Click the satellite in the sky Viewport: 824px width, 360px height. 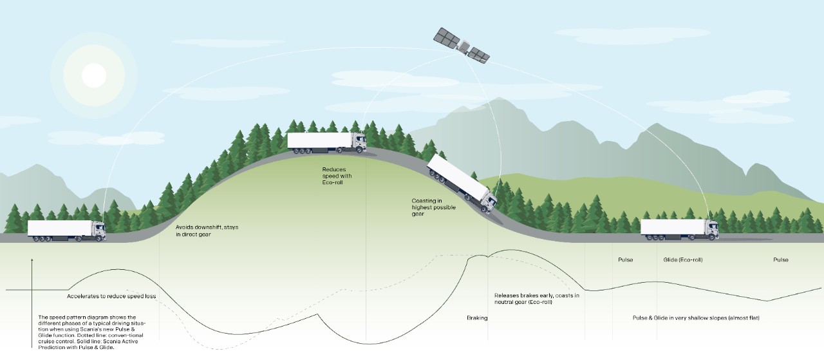(462, 45)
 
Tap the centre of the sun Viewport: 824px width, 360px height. (93, 76)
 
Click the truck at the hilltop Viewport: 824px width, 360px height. (326, 142)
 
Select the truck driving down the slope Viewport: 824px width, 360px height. (462, 183)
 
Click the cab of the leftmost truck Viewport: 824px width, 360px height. (97, 230)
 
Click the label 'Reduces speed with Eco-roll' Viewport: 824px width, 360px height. (337, 176)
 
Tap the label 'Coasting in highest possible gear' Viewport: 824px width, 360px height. (427, 207)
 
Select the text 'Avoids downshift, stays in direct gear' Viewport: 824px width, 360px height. (202, 231)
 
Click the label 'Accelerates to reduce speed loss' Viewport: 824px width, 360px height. (111, 296)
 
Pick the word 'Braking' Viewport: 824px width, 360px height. (477, 318)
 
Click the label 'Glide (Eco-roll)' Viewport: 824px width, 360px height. (682, 260)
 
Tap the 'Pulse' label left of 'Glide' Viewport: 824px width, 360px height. (625, 260)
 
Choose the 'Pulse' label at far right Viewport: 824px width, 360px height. (780, 260)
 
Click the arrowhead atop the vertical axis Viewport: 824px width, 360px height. (31, 260)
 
